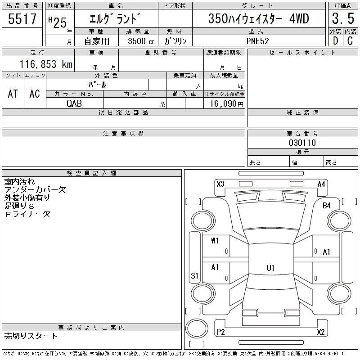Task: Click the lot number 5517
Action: pos(22,18)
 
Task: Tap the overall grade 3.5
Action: pos(343,18)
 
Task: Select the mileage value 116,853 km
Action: pos(46,64)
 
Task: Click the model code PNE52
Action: pos(257,41)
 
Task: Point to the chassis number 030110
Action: pos(302,143)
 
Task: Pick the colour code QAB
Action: pos(74,103)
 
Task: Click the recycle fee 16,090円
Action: pos(227,104)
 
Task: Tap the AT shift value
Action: pos(13,94)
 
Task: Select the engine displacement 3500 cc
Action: pos(141,41)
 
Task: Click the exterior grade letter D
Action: pos(335,41)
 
